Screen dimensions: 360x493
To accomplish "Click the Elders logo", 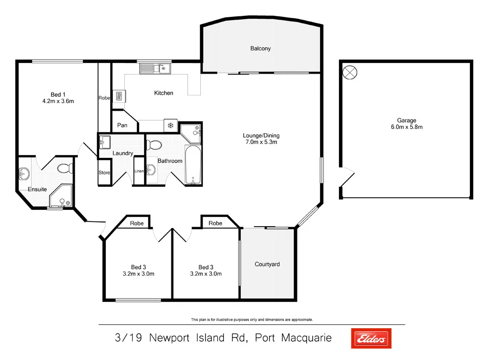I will click(371, 338).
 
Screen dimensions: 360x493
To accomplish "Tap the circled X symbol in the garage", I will click(350, 73).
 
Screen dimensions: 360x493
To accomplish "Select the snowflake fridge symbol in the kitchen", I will click(170, 125).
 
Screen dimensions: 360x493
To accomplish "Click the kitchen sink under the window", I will click(153, 69).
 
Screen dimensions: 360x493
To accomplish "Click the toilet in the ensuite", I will click(65, 168).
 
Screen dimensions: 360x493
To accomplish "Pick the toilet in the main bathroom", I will click(154, 144).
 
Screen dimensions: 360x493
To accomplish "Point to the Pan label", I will click(122, 126).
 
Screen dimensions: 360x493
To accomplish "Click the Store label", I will click(104, 173).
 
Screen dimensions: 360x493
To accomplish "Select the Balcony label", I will click(260, 49).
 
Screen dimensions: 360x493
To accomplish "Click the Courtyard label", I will click(267, 264).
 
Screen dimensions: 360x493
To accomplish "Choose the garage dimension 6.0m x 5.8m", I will click(406, 128).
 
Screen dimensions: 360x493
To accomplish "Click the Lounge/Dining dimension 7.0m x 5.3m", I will click(261, 142).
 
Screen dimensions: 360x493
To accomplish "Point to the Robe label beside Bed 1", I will click(104, 98).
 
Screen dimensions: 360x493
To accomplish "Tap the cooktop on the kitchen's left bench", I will click(119, 96).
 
